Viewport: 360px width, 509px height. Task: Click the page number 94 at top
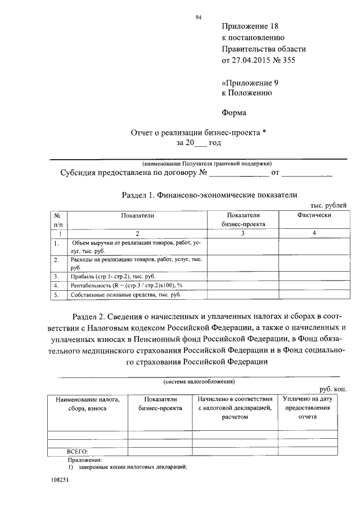click(x=199, y=17)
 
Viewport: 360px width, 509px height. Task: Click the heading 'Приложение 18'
click(x=250, y=26)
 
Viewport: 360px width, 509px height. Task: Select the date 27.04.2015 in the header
click(x=251, y=60)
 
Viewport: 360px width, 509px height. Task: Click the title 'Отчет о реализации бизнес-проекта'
click(x=194, y=133)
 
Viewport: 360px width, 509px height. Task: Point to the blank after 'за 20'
click(x=200, y=144)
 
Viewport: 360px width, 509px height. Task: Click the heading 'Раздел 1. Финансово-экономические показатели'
click(x=209, y=195)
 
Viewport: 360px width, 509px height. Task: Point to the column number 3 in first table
click(x=242, y=233)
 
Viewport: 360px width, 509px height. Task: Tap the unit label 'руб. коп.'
click(x=333, y=389)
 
